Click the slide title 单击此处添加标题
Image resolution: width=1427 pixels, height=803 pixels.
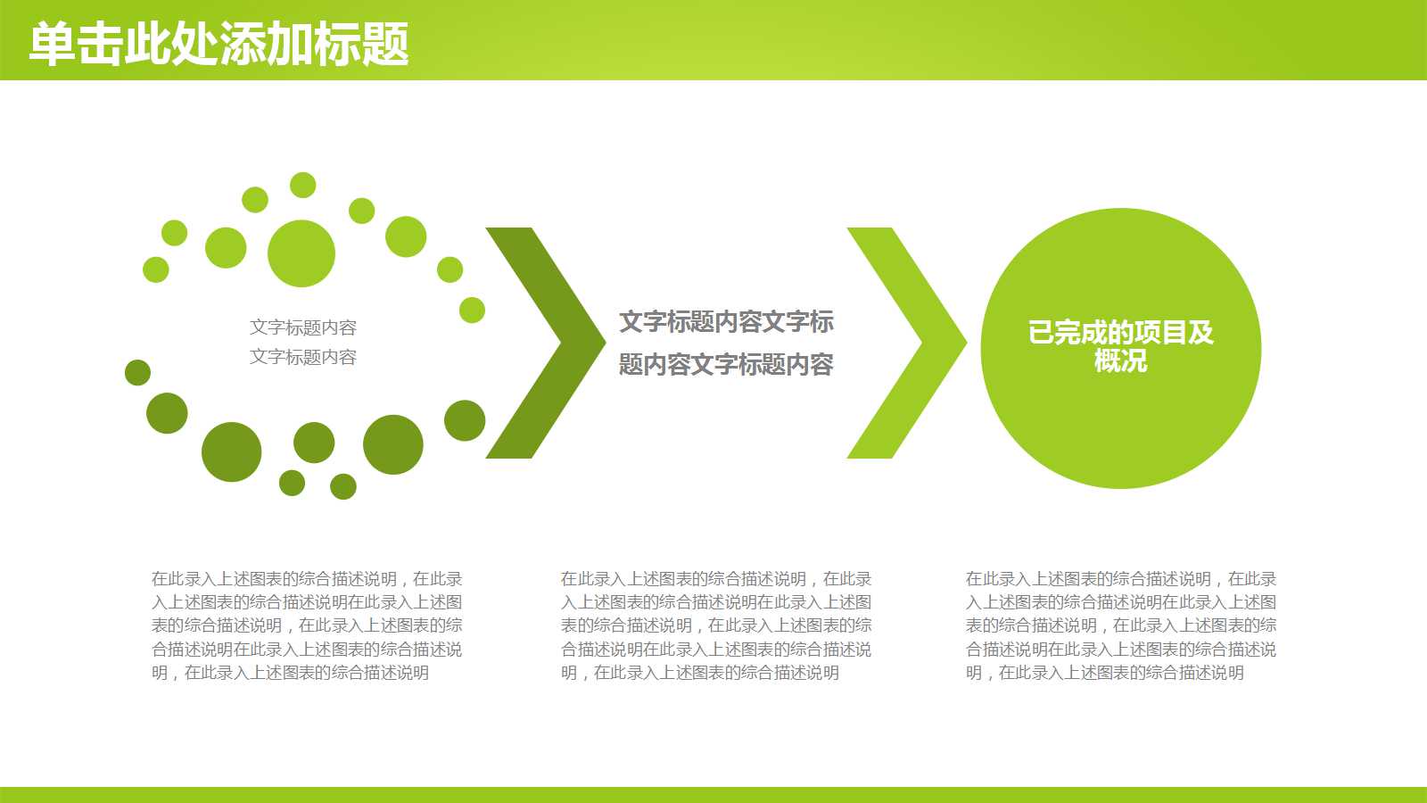click(x=219, y=44)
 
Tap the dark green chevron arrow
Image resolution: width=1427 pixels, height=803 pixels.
click(x=557, y=343)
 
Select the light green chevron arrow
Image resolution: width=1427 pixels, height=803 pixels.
click(x=919, y=343)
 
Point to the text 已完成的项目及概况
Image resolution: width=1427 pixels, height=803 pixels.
click(x=1120, y=345)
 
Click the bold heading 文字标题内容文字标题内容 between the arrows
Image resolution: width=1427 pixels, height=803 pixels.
click(x=726, y=343)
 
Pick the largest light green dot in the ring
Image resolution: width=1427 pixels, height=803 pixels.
click(x=301, y=253)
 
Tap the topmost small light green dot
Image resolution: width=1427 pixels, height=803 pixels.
click(x=303, y=185)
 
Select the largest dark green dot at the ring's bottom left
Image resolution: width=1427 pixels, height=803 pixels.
click(x=232, y=451)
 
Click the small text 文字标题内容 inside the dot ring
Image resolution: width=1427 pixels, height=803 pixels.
click(x=303, y=342)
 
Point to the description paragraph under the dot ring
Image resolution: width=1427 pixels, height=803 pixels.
click(x=307, y=625)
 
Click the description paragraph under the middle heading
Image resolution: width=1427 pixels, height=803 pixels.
click(x=716, y=625)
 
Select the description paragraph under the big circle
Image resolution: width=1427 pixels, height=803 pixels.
click(x=1121, y=625)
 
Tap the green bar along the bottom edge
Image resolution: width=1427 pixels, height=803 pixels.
click(x=713, y=794)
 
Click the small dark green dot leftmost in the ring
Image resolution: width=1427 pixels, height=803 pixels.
click(x=137, y=372)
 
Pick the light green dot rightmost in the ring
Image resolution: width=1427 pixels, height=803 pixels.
click(x=472, y=310)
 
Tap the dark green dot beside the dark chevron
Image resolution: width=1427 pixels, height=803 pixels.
click(x=465, y=420)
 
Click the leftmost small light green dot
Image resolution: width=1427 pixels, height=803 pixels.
click(x=156, y=269)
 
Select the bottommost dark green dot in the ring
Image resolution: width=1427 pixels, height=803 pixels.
click(x=343, y=486)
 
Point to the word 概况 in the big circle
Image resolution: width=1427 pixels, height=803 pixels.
click(x=1120, y=360)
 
